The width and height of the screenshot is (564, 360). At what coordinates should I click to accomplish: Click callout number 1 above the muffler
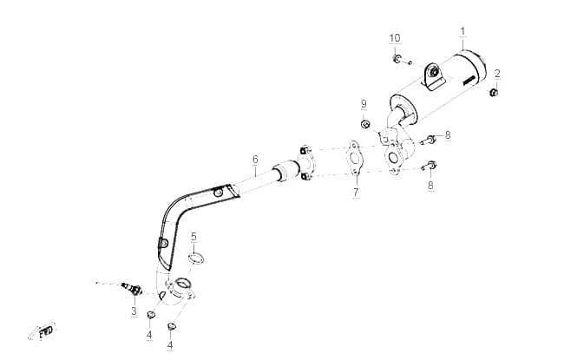click(x=463, y=31)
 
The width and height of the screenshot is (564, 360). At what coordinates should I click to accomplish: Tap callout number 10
click(x=395, y=38)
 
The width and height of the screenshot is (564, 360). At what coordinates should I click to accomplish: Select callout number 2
click(x=497, y=74)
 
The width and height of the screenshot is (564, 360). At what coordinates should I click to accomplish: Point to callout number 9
click(x=364, y=104)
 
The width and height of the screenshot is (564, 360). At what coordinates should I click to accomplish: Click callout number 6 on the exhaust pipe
click(x=255, y=159)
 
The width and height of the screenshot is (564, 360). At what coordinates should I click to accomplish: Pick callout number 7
click(x=356, y=193)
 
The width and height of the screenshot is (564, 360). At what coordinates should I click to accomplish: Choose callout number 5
click(x=193, y=237)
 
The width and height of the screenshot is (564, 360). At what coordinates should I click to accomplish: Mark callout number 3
click(x=134, y=311)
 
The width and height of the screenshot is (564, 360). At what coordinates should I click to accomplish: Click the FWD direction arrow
click(x=43, y=331)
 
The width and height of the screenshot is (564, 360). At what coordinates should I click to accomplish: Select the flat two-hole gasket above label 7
click(x=354, y=158)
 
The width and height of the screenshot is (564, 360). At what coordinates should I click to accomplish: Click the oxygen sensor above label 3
click(x=132, y=289)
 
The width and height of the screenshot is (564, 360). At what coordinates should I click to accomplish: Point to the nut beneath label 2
click(x=494, y=93)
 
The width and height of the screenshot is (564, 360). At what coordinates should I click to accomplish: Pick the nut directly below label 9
click(x=365, y=124)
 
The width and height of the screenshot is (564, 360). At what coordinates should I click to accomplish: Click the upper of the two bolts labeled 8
click(x=429, y=139)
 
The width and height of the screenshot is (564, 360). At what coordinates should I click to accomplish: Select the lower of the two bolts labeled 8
click(x=429, y=167)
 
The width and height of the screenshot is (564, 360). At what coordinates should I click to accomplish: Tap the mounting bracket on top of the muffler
click(x=434, y=75)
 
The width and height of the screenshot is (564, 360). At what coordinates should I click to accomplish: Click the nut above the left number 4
click(x=150, y=316)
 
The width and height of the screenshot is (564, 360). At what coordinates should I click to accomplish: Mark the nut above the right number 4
click(x=172, y=327)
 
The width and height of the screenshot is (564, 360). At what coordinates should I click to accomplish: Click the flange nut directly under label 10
click(x=397, y=59)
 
